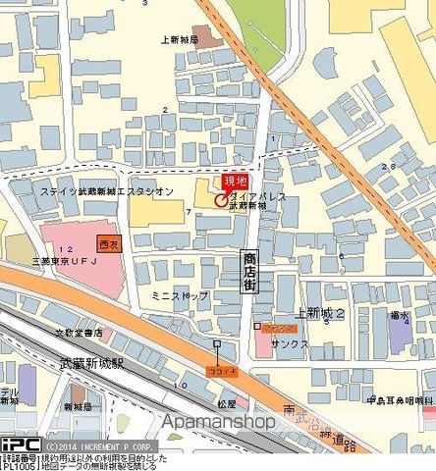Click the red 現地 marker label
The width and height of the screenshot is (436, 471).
point(235,182)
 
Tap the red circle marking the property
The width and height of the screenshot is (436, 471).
point(219,198)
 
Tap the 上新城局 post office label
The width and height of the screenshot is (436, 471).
point(180,40)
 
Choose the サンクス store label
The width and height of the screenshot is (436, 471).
point(291,344)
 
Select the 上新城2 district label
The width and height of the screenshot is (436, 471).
point(325,313)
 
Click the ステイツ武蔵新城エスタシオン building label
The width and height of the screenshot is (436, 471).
point(107,190)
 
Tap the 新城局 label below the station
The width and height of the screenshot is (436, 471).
point(78,405)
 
